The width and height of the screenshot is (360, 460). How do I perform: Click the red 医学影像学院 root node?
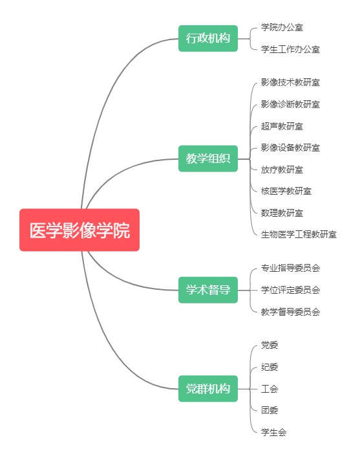(79, 230)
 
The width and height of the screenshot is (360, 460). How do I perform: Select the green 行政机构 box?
(208, 38)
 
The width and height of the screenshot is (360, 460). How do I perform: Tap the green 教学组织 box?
(208, 159)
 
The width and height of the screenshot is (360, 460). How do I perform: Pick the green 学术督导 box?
(208, 290)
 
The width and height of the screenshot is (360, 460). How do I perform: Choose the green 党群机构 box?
(208, 389)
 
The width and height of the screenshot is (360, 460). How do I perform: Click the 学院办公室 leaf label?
(282, 28)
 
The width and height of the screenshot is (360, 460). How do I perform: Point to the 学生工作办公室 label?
(290, 49)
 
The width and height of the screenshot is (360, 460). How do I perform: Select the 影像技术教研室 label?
(290, 82)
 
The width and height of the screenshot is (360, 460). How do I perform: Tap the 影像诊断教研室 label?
(290, 104)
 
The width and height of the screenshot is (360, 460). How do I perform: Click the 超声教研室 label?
(282, 126)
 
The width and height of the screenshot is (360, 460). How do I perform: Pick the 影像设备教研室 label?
(290, 148)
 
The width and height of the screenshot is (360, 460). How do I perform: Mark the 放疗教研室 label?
(282, 170)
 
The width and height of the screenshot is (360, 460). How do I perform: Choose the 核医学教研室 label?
(286, 192)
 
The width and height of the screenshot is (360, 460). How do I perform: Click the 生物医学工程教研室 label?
(299, 234)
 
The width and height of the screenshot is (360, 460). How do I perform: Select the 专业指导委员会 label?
(290, 268)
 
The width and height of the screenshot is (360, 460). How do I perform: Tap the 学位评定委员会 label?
(290, 290)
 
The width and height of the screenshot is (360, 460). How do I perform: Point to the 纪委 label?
(270, 367)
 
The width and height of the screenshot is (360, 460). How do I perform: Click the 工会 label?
(270, 389)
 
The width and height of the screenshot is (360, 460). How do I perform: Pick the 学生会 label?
(273, 432)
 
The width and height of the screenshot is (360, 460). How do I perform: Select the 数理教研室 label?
(282, 213)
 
